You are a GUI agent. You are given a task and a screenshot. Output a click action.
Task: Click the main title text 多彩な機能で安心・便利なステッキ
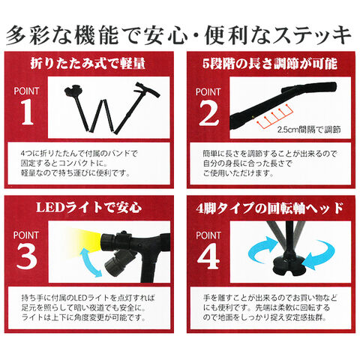coord(180,34)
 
